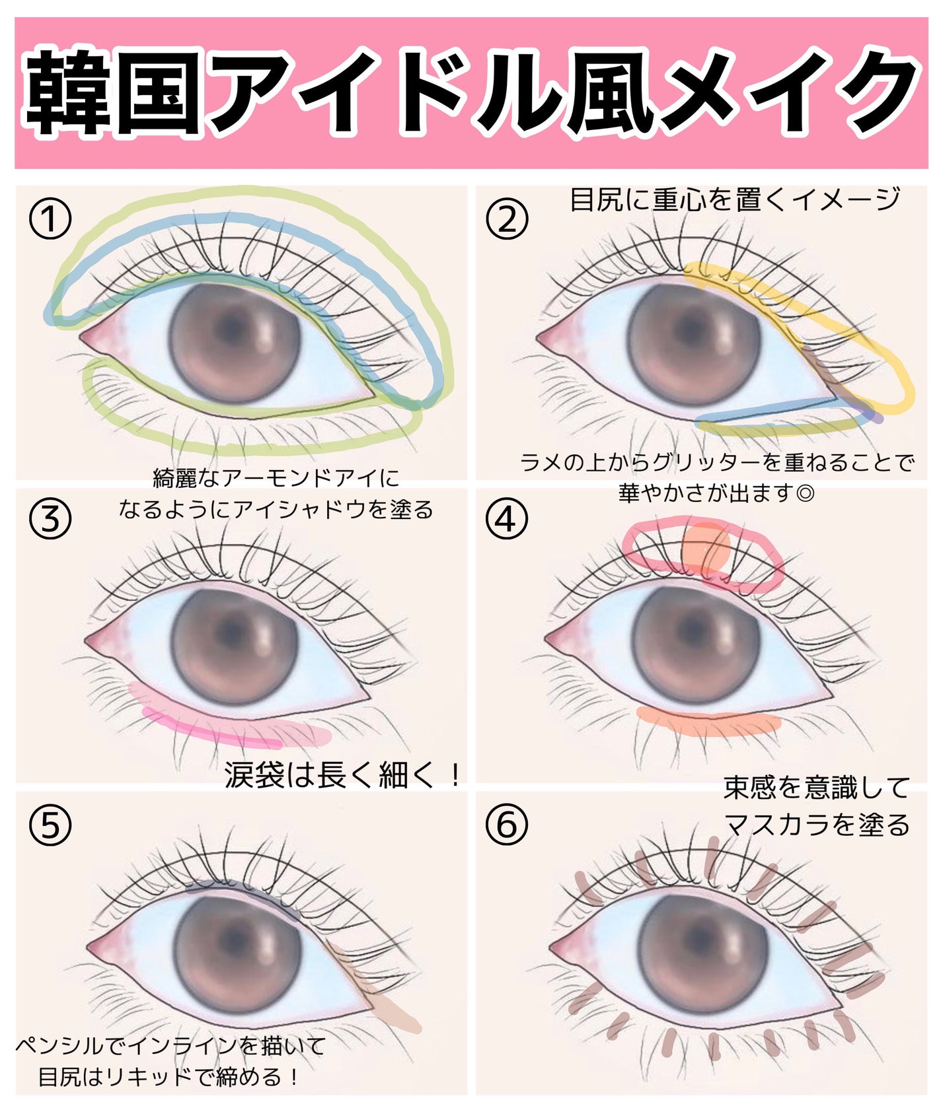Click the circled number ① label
50,220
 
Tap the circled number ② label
507,220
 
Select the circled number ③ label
50,520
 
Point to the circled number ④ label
507,520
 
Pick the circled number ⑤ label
50,825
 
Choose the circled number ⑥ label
507,825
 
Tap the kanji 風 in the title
606,93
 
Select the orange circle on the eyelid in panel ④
706,547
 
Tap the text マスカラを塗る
817,825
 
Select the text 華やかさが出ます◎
716,493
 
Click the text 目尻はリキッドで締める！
169,1077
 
